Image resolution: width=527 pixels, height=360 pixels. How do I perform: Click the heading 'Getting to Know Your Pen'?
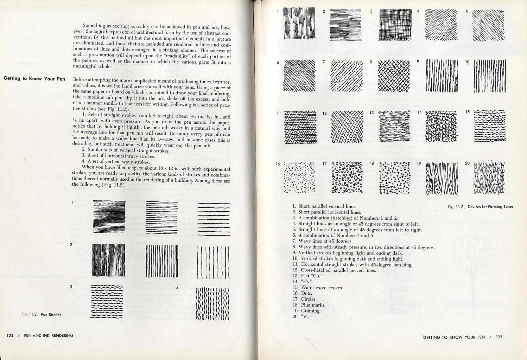(34, 78)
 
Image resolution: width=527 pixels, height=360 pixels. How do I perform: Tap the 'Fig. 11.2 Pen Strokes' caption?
(41, 314)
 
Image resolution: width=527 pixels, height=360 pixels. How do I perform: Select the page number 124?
(10, 335)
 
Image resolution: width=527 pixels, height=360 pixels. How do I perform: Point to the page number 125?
(499, 337)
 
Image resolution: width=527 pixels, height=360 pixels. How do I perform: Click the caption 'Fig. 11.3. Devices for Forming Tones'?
(481, 207)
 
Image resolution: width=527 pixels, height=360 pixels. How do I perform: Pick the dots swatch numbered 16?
(299, 178)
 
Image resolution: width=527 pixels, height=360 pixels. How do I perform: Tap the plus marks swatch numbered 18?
(395, 178)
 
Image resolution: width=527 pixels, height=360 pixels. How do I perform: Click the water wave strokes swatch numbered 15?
(490, 126)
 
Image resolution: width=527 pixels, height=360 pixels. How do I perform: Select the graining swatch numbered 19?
(442, 178)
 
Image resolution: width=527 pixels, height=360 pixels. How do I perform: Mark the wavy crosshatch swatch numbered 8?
(394, 75)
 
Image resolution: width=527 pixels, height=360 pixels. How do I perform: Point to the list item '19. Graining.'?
(306, 311)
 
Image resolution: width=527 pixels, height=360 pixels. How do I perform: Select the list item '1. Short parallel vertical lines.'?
(324, 206)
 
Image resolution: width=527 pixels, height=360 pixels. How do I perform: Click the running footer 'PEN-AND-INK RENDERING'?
(49, 335)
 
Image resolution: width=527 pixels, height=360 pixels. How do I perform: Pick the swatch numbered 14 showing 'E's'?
(441, 126)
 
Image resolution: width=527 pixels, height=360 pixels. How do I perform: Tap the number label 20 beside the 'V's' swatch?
(467, 163)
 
